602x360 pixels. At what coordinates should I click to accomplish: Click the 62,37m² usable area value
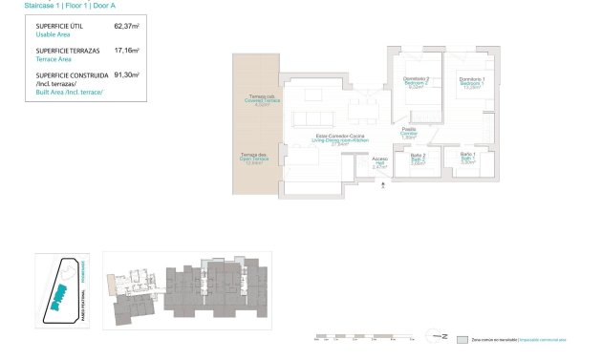coord(127,28)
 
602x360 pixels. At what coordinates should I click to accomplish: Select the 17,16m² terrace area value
coord(127,51)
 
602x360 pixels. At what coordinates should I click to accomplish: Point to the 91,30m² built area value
coord(127,74)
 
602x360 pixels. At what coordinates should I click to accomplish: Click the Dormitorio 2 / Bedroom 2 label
coord(415,83)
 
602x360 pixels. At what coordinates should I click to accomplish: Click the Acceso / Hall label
coord(379,162)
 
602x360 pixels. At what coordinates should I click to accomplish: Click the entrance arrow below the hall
coord(382,186)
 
